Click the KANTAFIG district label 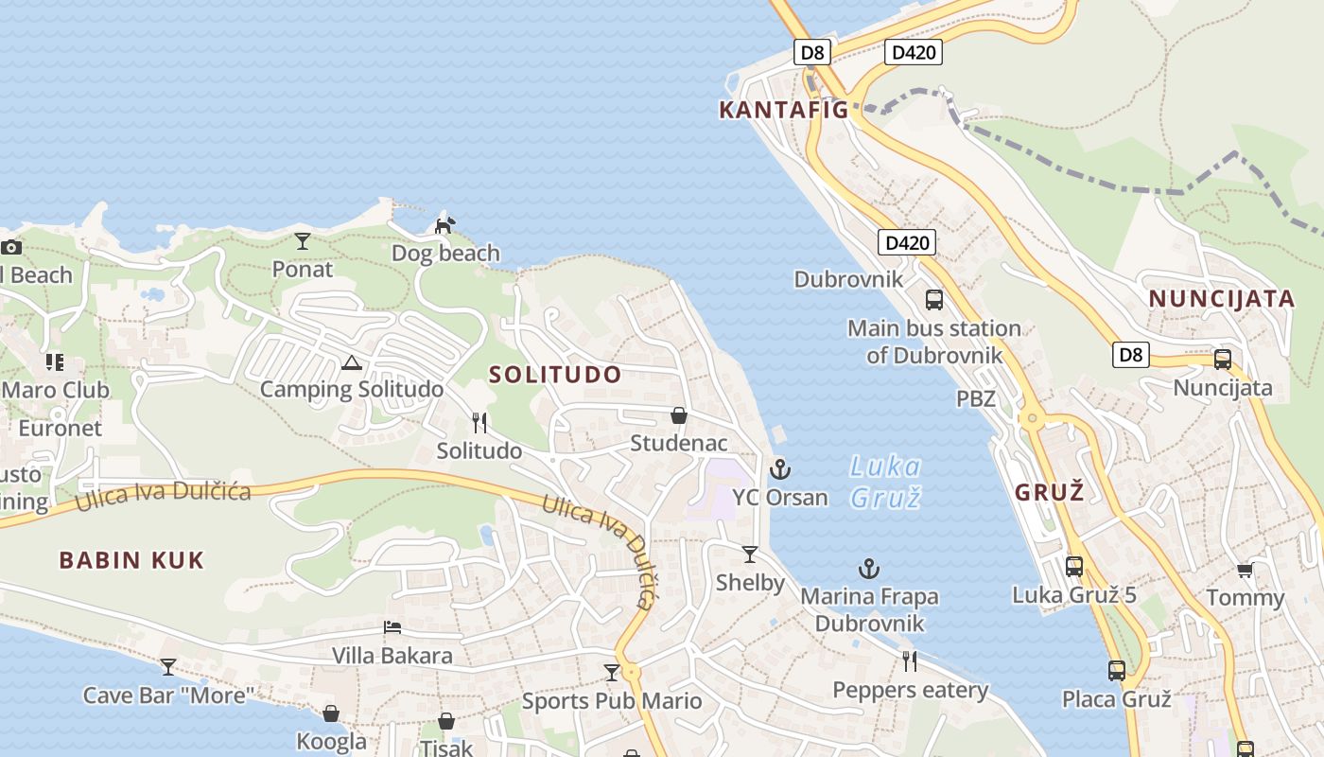784,110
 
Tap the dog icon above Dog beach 444,225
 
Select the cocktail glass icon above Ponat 303,241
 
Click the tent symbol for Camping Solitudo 352,362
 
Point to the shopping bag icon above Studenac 679,415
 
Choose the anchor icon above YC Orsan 780,468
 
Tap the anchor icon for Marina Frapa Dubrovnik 868,569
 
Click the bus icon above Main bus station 934,300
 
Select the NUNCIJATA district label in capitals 1221,299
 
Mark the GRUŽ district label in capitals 1049,492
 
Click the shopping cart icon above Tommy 1246,570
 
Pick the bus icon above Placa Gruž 1117,671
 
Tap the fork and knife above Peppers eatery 910,660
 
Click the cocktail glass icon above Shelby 750,554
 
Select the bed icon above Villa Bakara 392,627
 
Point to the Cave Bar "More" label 169,695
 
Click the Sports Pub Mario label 612,701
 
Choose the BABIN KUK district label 131,560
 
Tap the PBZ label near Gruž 976,398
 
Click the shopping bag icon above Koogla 331,713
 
